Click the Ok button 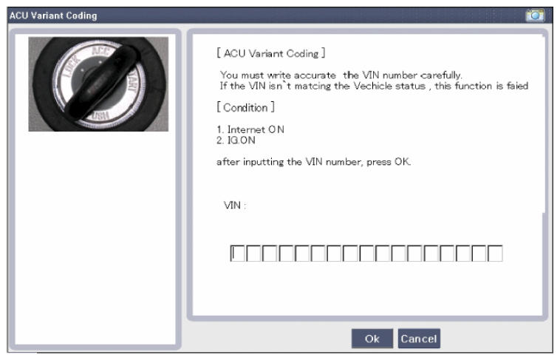click(372, 338)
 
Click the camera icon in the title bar click(535, 16)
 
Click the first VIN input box click(237, 254)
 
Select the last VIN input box click(495, 254)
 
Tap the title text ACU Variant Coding click(53, 16)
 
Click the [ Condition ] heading click(246, 107)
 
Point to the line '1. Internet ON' click(250, 129)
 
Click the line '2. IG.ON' click(236, 140)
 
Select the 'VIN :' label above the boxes click(235, 206)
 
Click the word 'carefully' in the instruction click(441, 75)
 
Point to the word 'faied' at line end click(517, 86)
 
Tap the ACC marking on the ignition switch click(100, 51)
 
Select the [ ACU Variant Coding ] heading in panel click(271, 53)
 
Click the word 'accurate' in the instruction click(315, 75)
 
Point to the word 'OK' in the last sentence click(402, 162)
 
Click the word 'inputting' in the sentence click(264, 162)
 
